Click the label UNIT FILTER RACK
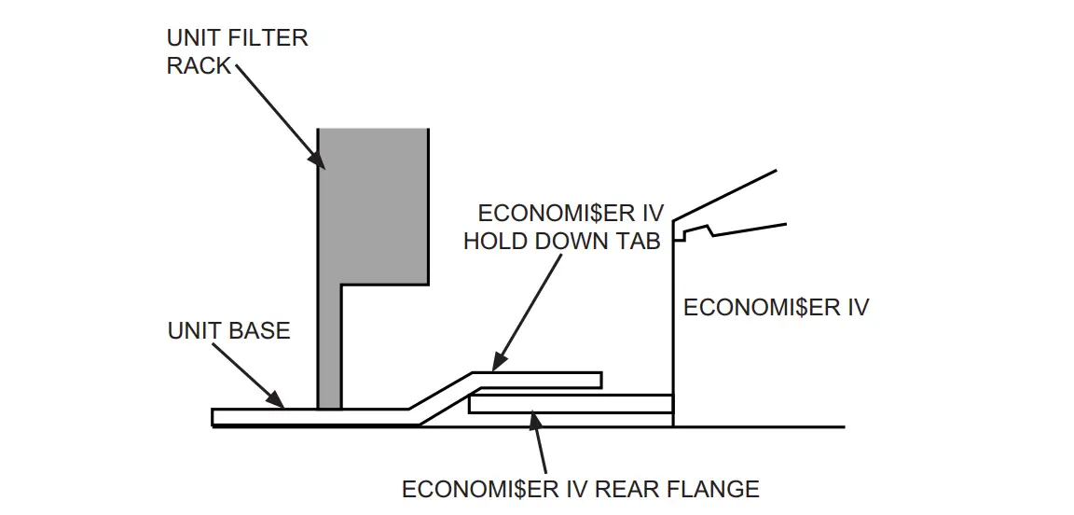pyautogui.click(x=237, y=52)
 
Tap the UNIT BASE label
pyautogui.click(x=228, y=331)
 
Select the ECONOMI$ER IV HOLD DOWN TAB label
pyautogui.click(x=563, y=227)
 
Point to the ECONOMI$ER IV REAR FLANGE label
pyautogui.click(x=580, y=489)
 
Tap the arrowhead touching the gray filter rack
pyautogui.click(x=317, y=161)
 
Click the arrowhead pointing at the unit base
pyautogui.click(x=277, y=402)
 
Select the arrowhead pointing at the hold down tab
pyautogui.click(x=498, y=360)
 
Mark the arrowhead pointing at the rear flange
pyautogui.click(x=532, y=419)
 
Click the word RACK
pyautogui.click(x=199, y=66)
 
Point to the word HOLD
pyautogui.click(x=498, y=241)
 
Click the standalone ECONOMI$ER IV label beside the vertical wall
pyautogui.click(x=776, y=308)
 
